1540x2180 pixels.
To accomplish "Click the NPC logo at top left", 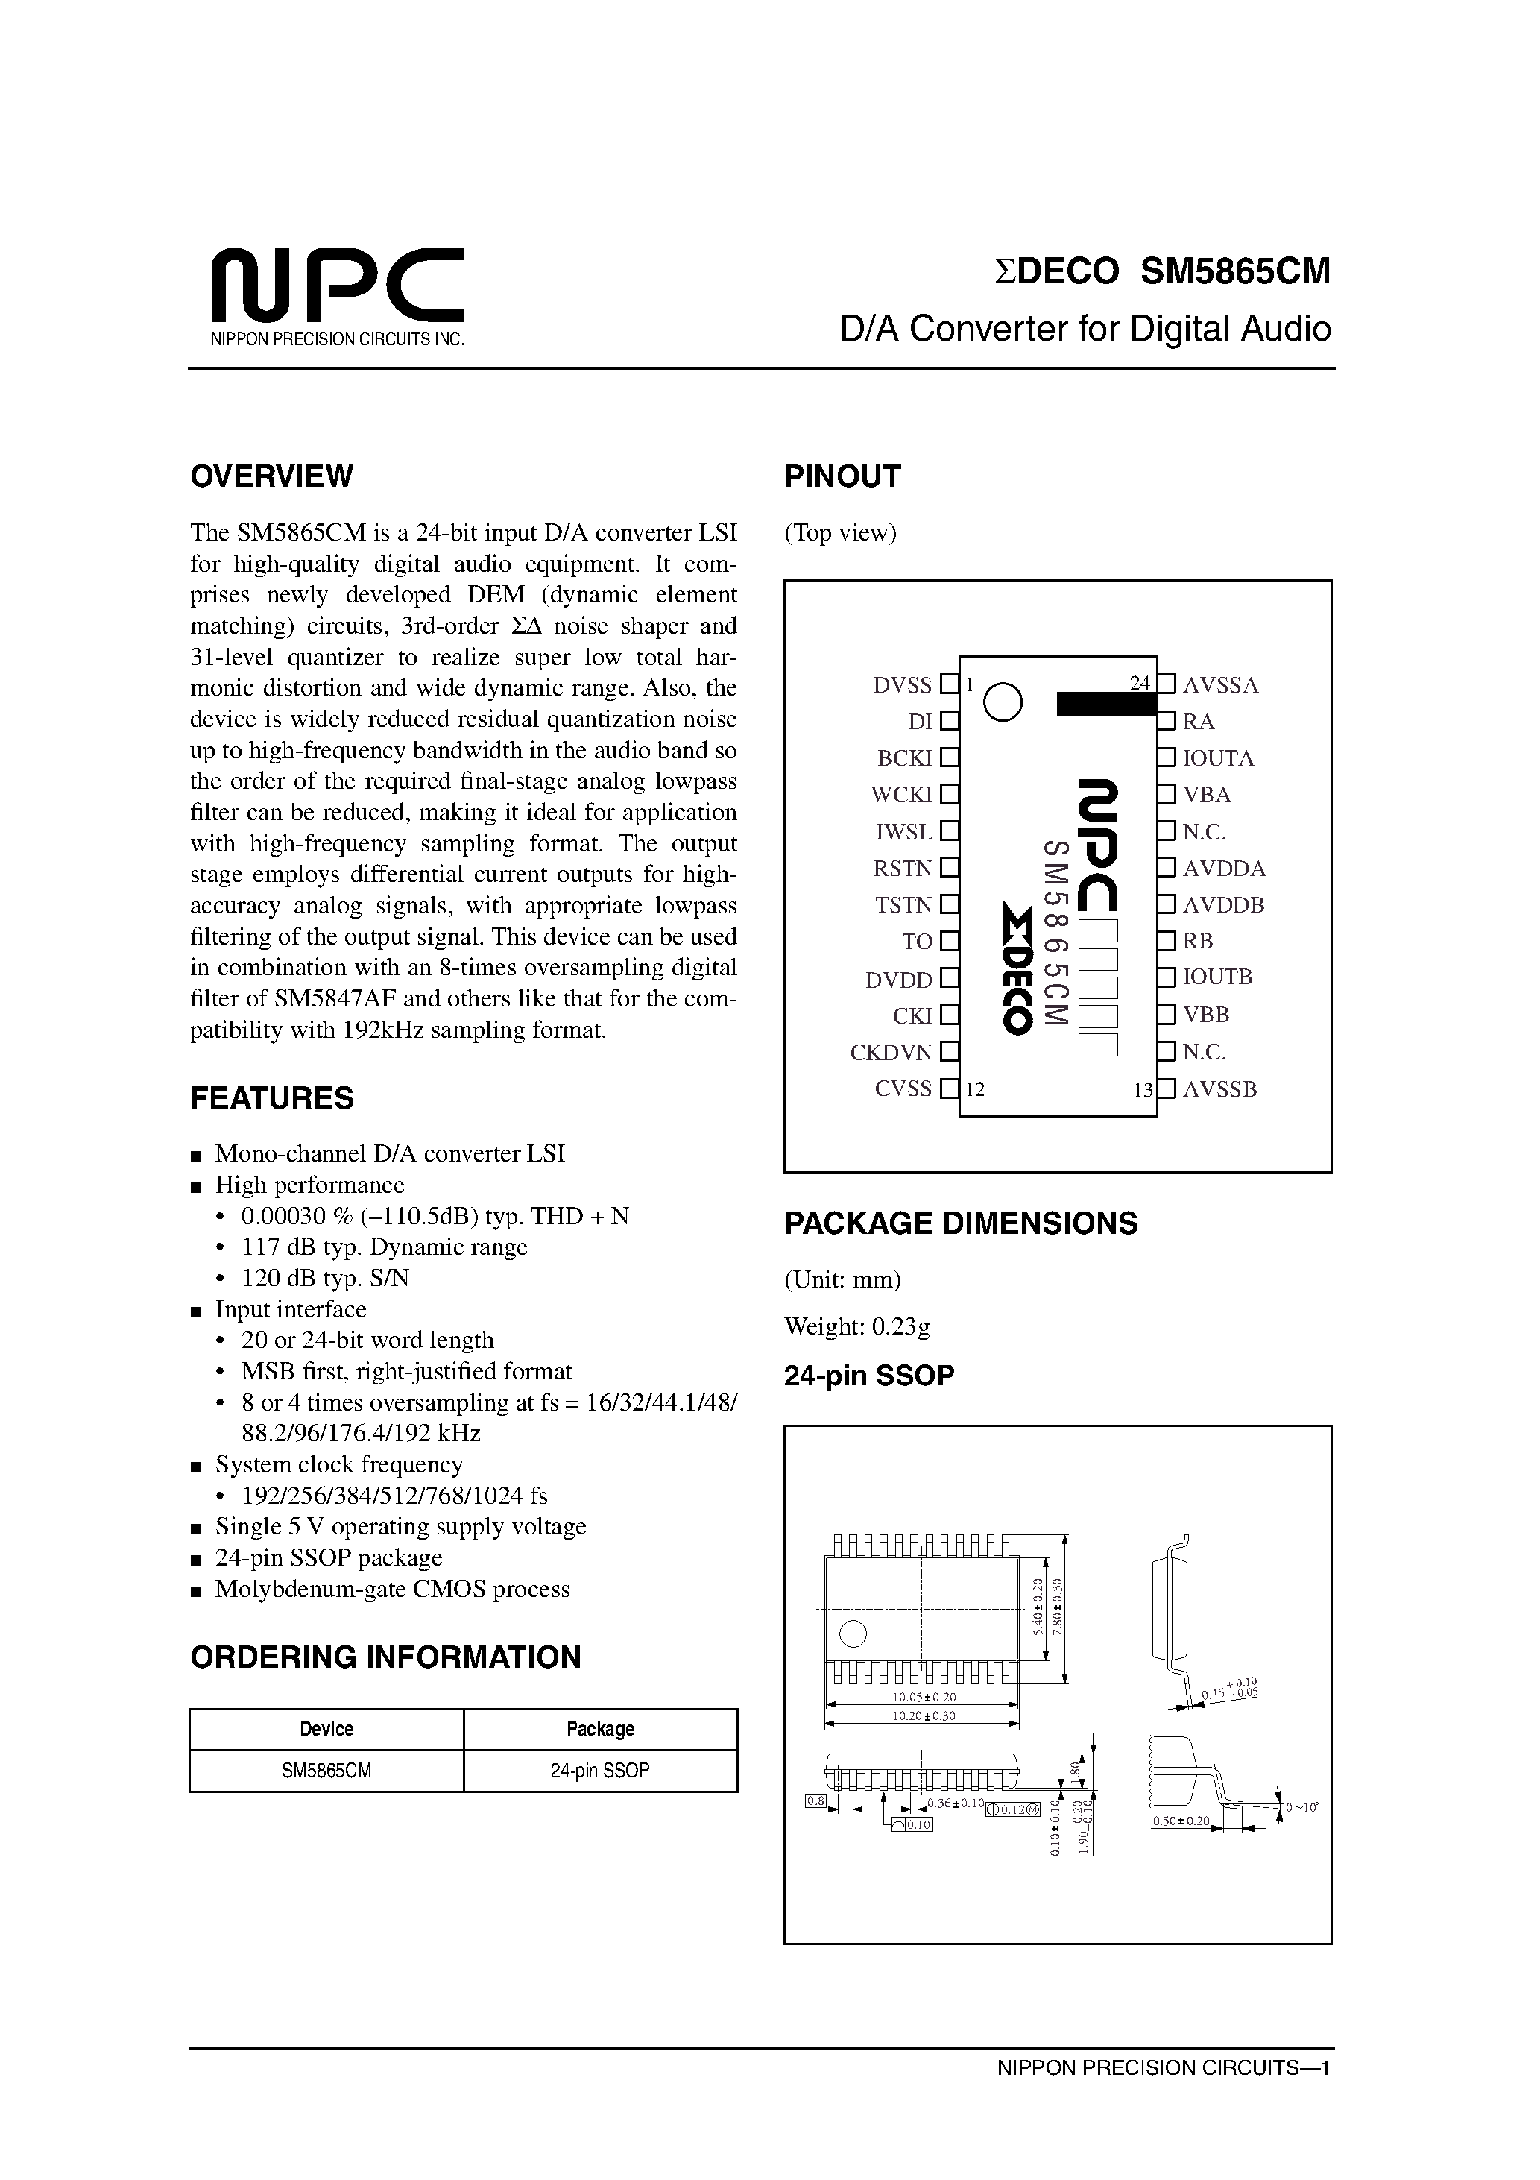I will (337, 285).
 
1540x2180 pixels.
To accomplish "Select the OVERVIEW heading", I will (271, 476).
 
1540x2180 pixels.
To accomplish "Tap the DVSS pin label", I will (903, 684).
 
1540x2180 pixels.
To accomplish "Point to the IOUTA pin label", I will (1218, 757).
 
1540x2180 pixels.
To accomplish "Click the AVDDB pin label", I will (1223, 905).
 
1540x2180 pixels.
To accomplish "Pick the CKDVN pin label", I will (892, 1052).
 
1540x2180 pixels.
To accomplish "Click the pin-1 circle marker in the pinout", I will (1003, 702).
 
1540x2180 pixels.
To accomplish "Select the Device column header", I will (326, 1728).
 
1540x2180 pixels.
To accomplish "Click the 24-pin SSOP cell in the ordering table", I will (600, 1770).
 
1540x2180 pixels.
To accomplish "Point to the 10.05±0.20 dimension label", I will (923, 1697).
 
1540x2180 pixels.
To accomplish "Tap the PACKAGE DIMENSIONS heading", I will (961, 1223).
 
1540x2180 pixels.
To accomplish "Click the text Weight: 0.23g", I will (857, 1326).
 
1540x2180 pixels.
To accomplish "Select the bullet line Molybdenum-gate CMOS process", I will (392, 1589).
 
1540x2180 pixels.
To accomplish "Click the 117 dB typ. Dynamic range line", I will (385, 1247).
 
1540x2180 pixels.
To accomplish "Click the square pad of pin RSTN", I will (948, 868).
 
